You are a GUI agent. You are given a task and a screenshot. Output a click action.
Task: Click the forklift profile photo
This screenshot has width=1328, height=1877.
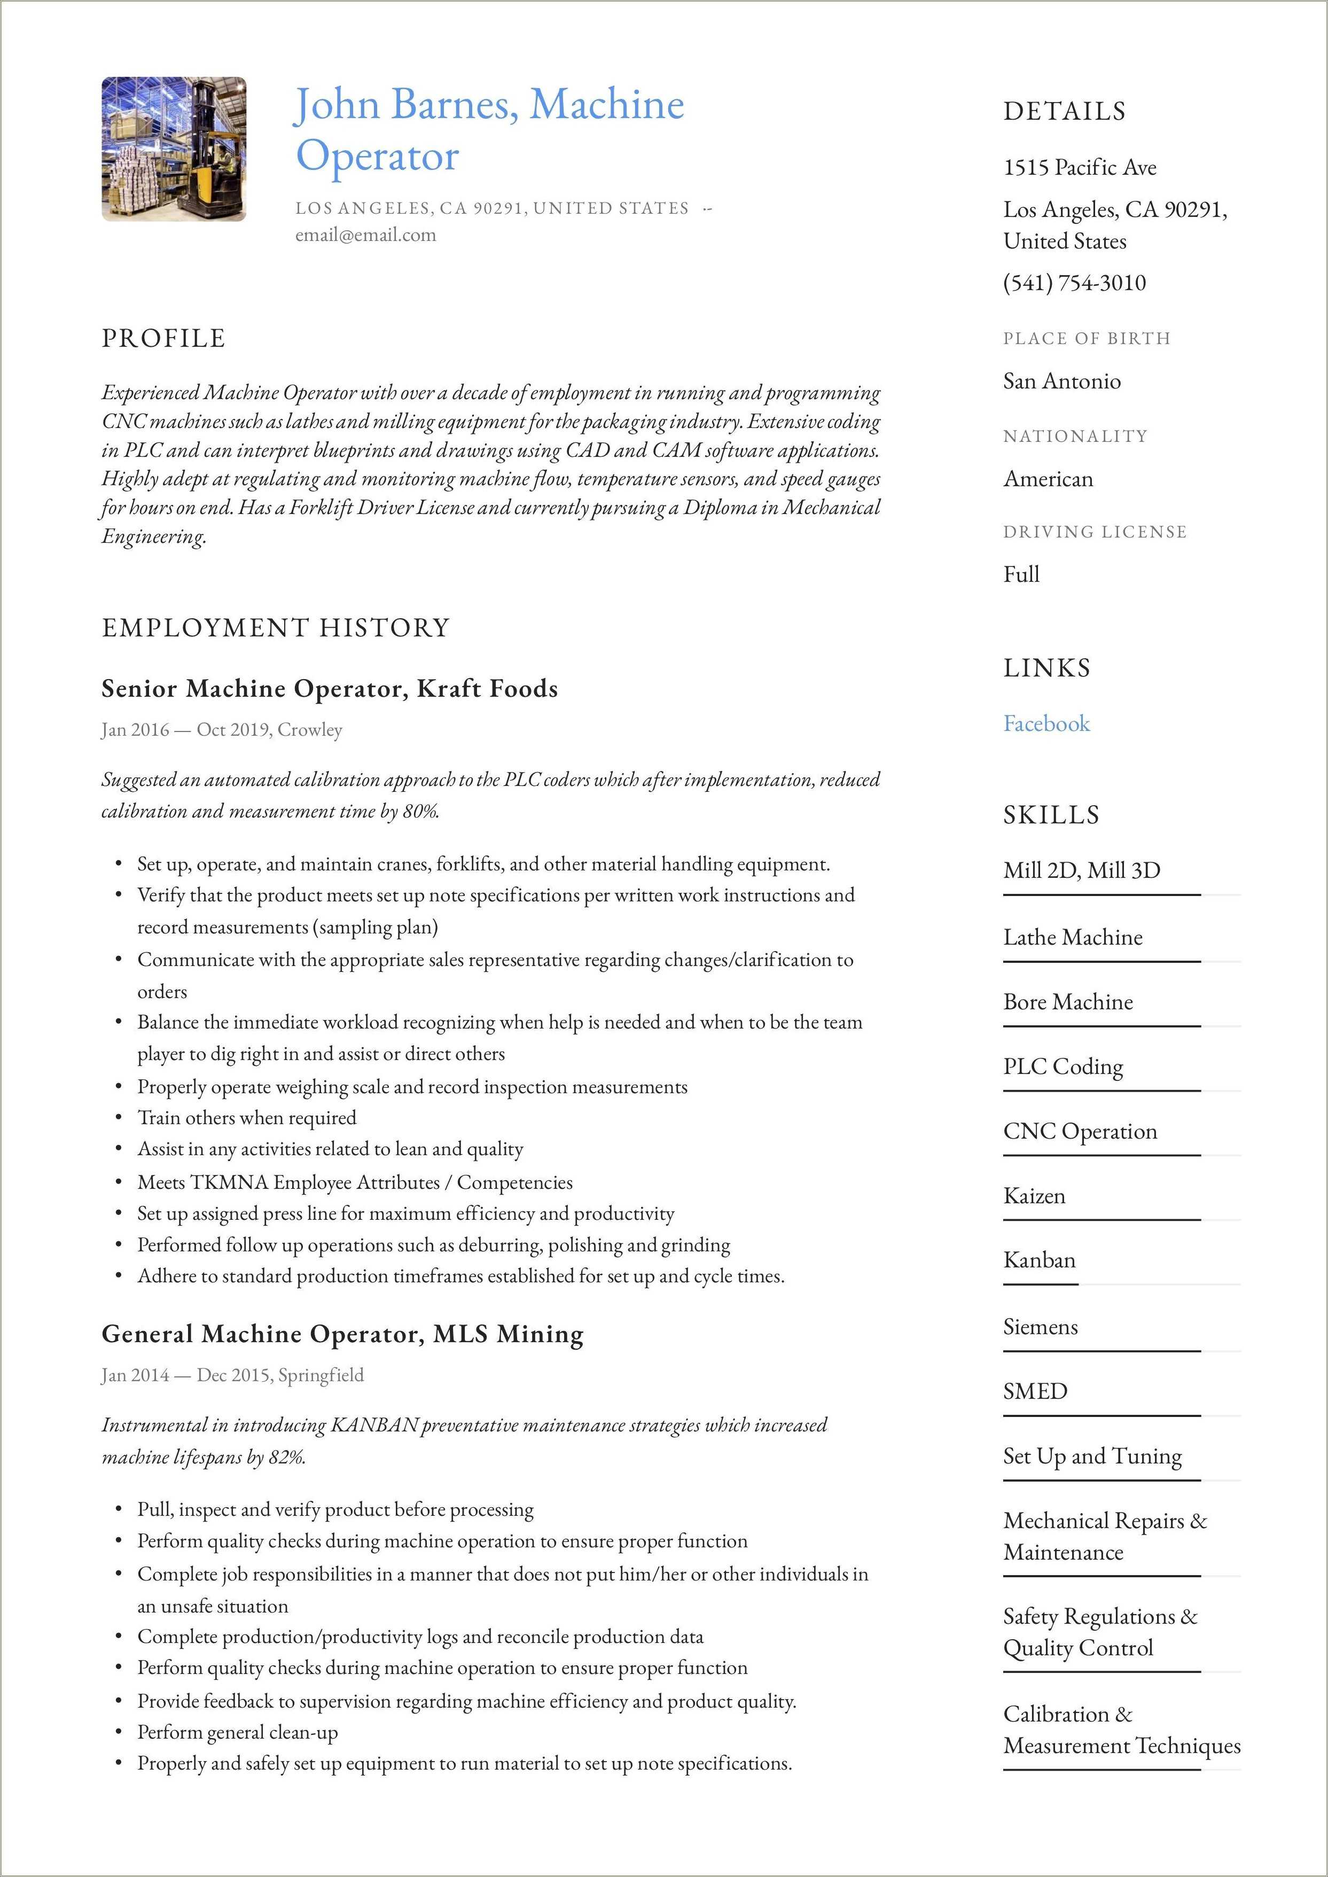pos(174,149)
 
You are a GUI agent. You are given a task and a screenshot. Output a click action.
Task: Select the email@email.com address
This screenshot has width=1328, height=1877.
pos(365,236)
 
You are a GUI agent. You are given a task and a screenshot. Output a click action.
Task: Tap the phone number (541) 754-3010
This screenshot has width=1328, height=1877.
pos(1074,283)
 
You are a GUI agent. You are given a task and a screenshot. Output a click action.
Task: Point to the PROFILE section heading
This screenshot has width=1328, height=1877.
pos(163,338)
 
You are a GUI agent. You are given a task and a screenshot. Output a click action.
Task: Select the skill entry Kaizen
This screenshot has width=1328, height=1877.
pos(1034,1196)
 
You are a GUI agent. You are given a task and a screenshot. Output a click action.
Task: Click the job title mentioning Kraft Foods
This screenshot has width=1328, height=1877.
pos(330,689)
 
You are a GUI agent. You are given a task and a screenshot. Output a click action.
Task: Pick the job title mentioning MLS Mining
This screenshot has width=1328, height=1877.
pos(342,1334)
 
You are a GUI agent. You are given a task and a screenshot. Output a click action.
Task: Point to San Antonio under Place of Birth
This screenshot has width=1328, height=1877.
pos(1061,381)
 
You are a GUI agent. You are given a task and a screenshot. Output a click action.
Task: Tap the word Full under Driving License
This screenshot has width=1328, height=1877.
pos(1020,574)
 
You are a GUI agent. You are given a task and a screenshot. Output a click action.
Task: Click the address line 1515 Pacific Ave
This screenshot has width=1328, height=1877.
pos(1080,168)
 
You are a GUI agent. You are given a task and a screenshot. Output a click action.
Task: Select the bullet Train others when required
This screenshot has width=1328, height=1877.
pos(246,1117)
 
